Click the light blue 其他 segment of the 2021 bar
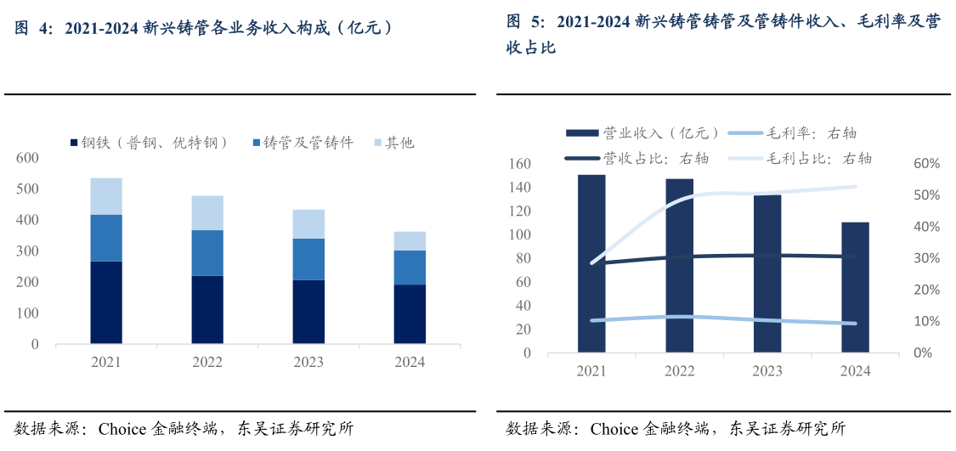coord(106,196)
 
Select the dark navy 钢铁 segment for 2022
coord(207,309)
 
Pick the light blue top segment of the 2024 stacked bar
coord(410,240)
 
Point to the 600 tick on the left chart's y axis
coord(27,158)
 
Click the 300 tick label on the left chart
coord(27,251)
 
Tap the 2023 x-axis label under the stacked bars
coord(308,362)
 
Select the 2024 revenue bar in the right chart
coord(855,287)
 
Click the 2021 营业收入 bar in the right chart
coord(591,263)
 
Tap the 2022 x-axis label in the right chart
coord(679,371)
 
